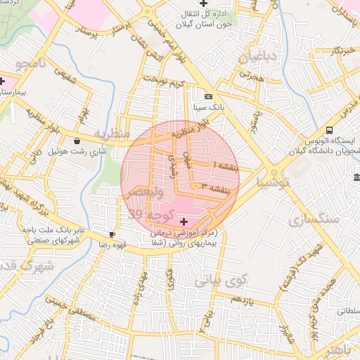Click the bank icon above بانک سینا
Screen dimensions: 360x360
[207, 96]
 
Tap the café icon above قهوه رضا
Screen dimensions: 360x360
[112, 234]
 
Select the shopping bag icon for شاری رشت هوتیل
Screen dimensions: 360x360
[76, 141]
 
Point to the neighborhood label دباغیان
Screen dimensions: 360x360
[262, 57]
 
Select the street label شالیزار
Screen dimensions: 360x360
[284, 330]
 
